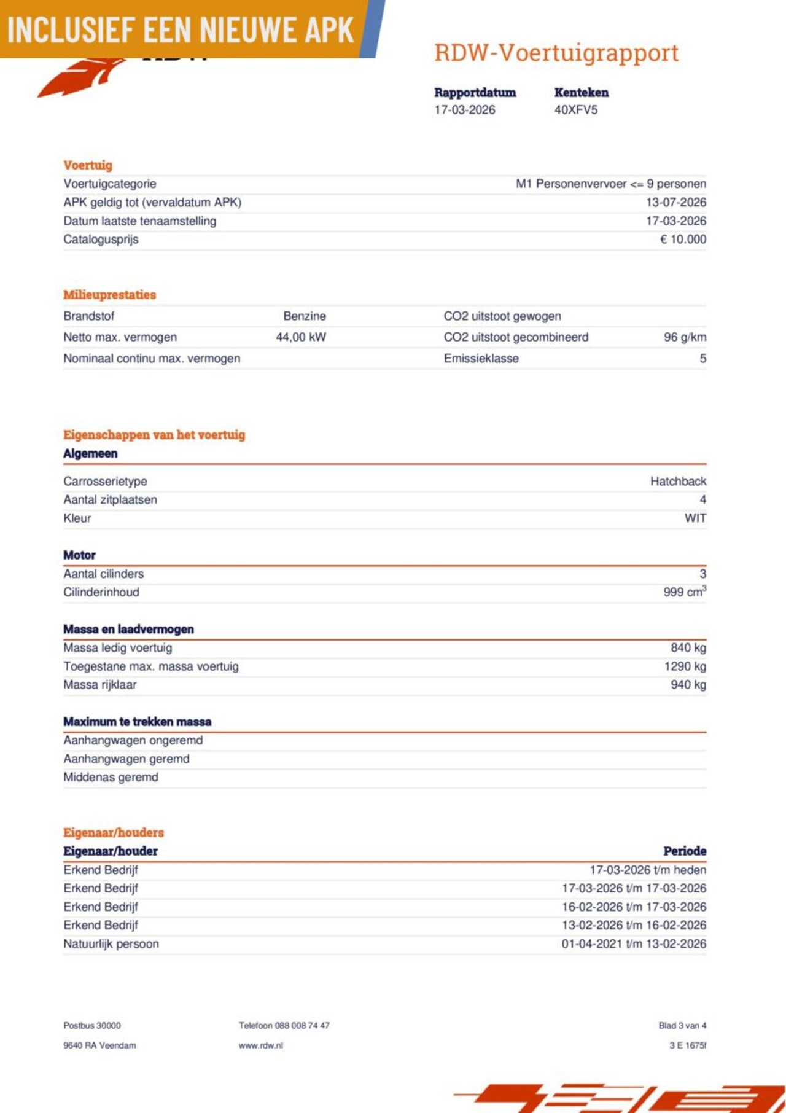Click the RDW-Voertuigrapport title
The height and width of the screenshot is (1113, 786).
tap(556, 53)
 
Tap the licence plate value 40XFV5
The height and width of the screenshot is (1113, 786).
tap(575, 110)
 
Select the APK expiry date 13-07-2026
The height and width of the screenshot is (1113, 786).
tap(675, 202)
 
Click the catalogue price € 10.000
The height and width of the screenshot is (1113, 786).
tap(683, 239)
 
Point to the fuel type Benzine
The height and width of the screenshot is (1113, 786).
tap(305, 316)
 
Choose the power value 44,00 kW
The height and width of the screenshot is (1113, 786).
tap(301, 337)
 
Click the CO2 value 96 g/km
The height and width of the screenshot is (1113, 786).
tap(685, 337)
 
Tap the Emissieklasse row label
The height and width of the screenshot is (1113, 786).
tap(481, 359)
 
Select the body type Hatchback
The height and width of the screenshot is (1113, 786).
tap(678, 482)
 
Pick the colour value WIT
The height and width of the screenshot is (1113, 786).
tap(695, 518)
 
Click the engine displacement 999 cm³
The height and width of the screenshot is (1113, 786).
tap(684, 592)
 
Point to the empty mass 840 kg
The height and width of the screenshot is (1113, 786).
tap(688, 648)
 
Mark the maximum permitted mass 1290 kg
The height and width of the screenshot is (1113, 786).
tap(685, 666)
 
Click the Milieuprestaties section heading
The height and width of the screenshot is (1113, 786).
tap(109, 295)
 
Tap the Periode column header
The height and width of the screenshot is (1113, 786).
tap(685, 851)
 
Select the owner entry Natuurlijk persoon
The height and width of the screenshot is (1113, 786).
tap(111, 944)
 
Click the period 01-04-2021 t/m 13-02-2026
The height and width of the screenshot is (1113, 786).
tap(634, 944)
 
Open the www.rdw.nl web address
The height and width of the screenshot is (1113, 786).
tap(260, 1045)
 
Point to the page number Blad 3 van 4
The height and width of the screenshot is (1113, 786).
tap(682, 1026)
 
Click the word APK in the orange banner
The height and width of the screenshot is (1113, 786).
tap(329, 29)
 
